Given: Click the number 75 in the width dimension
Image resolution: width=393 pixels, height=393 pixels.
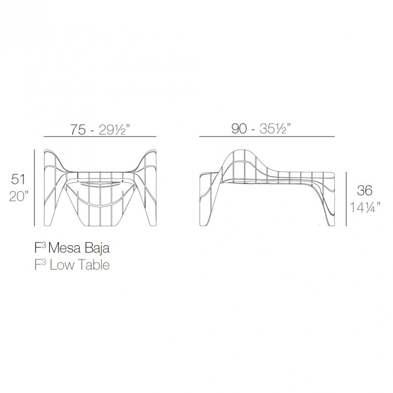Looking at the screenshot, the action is (78, 130).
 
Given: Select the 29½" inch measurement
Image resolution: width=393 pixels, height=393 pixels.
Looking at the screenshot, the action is (114, 130).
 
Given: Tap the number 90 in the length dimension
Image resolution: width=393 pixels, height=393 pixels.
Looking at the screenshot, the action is (239, 129).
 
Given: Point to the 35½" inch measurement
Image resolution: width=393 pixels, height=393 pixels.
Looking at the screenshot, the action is (275, 129).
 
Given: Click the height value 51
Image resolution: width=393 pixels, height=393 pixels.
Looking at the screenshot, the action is (18, 180).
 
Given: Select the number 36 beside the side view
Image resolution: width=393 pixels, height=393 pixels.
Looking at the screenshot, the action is (364, 191).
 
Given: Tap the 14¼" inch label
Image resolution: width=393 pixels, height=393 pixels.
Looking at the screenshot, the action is (365, 208).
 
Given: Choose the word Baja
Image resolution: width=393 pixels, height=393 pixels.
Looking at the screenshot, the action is (97, 249).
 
